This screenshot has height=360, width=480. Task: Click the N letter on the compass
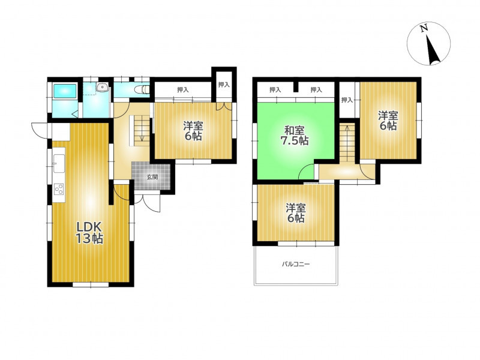click(424, 28)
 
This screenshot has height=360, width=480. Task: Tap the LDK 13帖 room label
click(89, 233)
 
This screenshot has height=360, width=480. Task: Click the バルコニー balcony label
click(296, 264)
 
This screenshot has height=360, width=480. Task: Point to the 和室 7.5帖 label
click(295, 136)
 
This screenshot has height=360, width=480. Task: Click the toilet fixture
click(142, 89)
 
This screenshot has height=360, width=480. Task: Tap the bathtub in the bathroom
click(65, 91)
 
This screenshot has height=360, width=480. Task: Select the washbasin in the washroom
click(101, 88)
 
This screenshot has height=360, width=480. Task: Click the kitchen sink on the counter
click(59, 163)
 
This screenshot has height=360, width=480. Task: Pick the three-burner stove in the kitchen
click(59, 189)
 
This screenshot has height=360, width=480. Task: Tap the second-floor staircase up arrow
click(347, 136)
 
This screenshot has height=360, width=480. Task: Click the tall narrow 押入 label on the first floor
click(224, 85)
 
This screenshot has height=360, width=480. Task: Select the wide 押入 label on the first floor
click(183, 89)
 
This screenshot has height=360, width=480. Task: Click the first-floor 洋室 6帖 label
click(193, 131)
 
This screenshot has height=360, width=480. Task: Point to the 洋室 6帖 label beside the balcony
click(296, 213)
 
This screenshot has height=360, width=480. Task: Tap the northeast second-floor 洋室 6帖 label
click(388, 121)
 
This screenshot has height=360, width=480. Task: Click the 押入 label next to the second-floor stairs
click(347, 100)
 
